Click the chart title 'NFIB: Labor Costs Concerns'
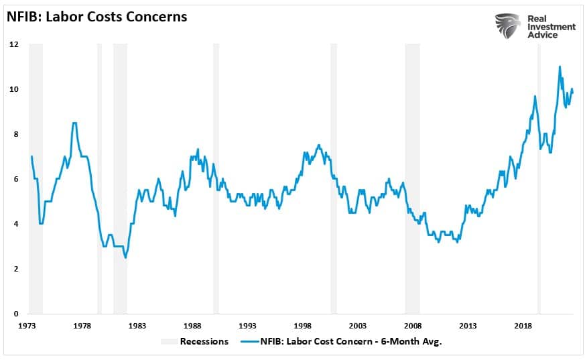(97, 17)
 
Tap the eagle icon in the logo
(507, 26)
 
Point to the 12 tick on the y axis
(13, 44)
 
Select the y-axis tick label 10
(13, 89)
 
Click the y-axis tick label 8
(15, 134)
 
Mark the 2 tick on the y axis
(15, 269)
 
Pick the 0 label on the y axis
(15, 314)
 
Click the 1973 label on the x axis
(27, 326)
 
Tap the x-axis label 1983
(137, 326)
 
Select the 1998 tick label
(303, 326)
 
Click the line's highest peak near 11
(560, 66)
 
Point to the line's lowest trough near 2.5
(125, 257)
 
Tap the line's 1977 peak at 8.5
(74, 123)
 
